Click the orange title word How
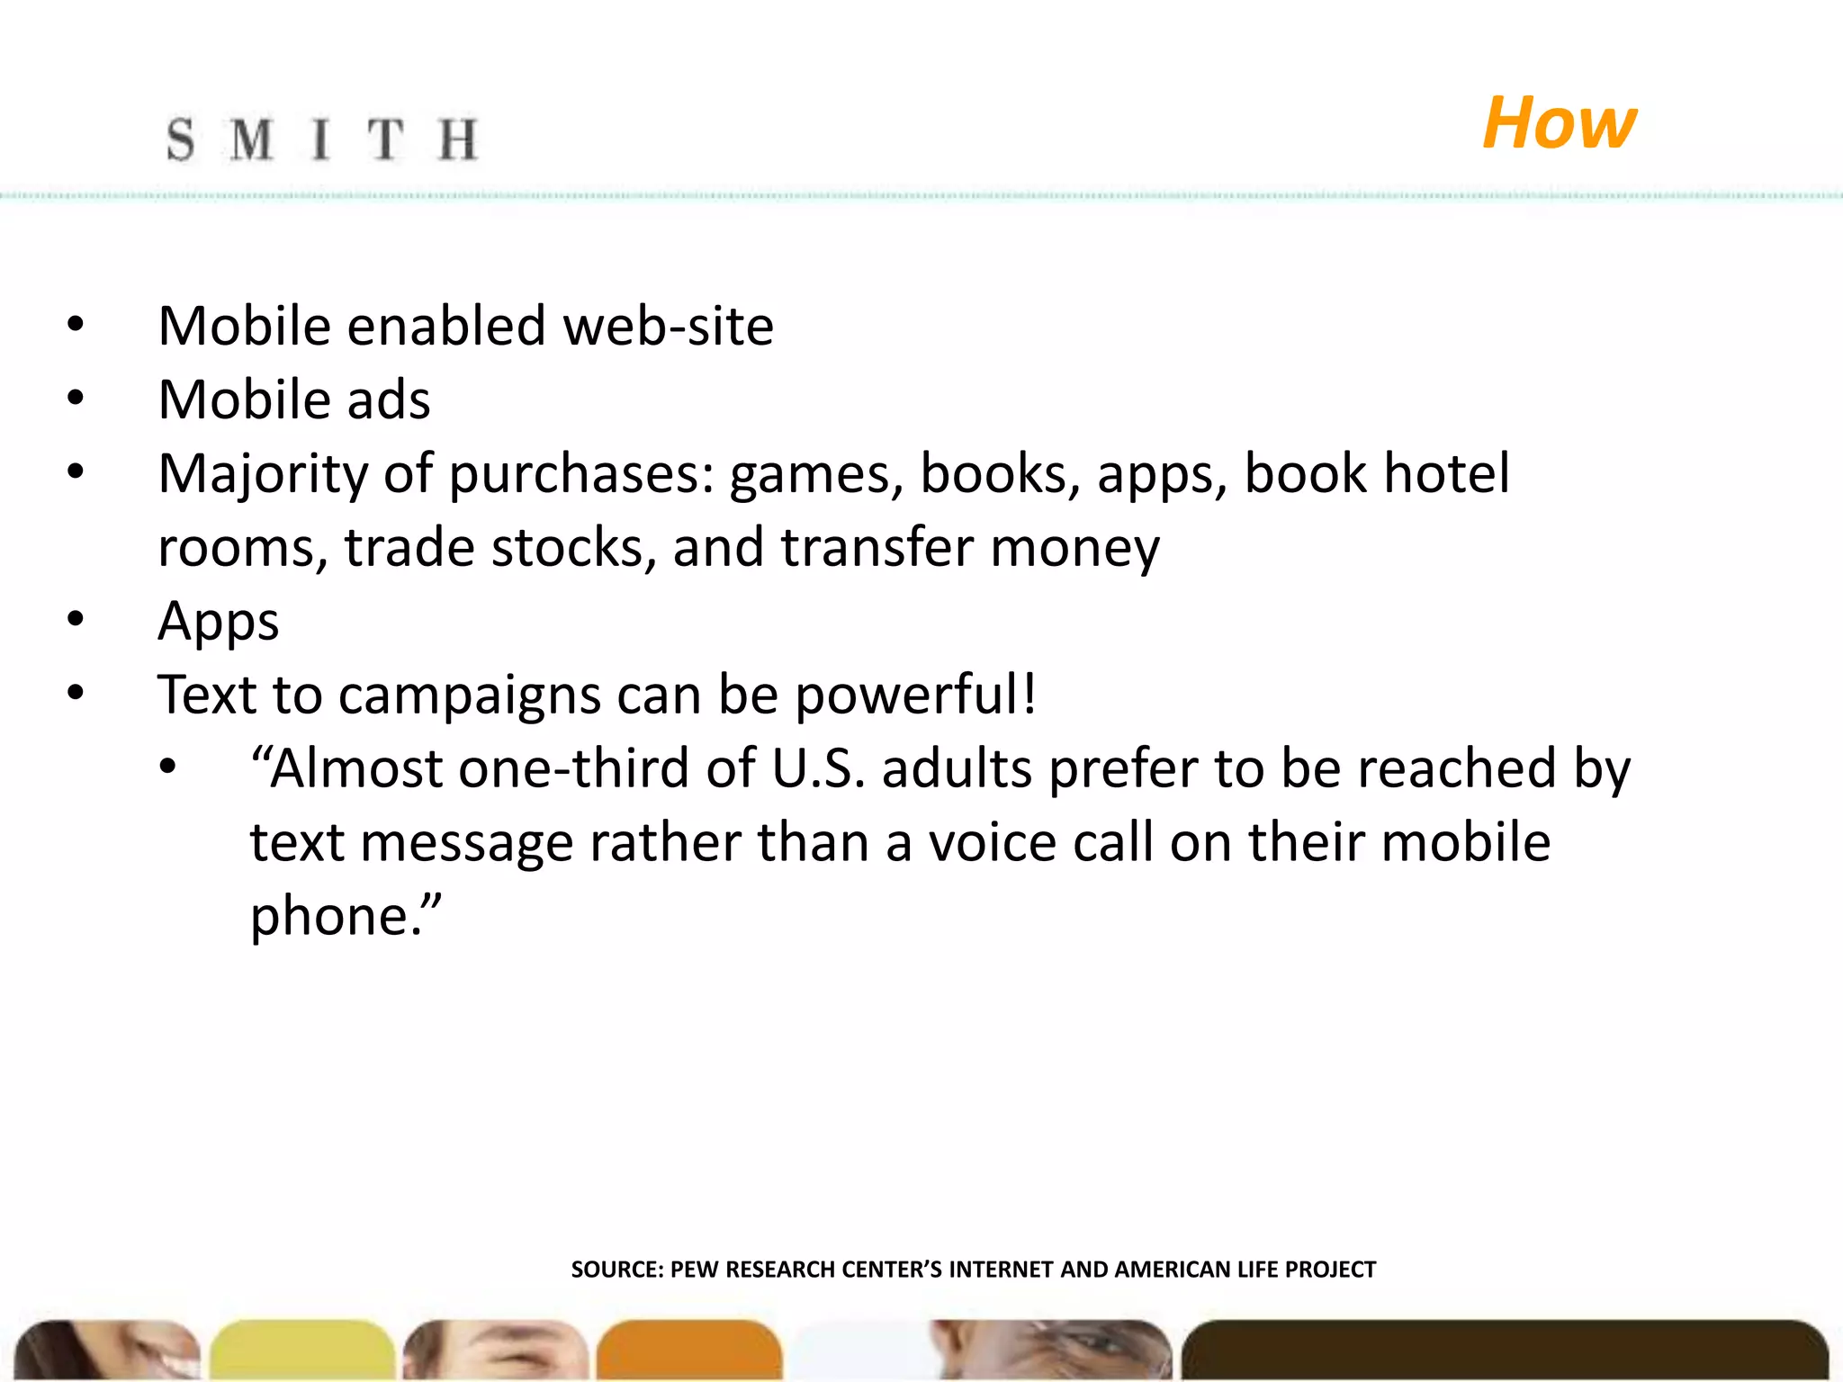1559,123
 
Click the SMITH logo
322,140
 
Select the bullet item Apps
218,622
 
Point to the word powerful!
915,695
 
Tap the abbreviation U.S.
818,769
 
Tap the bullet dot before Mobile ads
76,398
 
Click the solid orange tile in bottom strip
688,1350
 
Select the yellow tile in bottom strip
302,1350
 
